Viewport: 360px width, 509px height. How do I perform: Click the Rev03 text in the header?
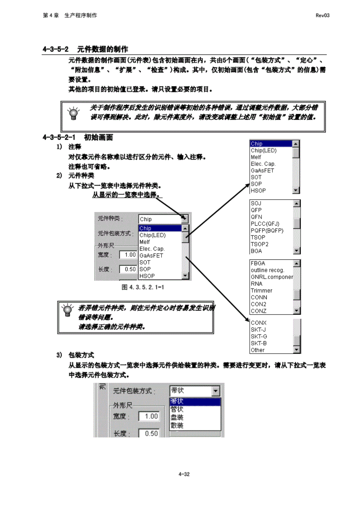click(322, 15)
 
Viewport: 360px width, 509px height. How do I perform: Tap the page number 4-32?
click(184, 474)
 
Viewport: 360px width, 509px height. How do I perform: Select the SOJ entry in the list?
click(256, 203)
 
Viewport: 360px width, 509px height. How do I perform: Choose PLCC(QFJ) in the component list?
click(265, 224)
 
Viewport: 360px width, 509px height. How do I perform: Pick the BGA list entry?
click(256, 251)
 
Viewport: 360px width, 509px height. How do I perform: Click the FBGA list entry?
click(258, 263)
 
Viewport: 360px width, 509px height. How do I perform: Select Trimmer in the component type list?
click(262, 291)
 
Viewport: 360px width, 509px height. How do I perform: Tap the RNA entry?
click(257, 284)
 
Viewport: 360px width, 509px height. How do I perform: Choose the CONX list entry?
click(259, 323)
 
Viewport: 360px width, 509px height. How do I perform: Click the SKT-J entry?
click(258, 330)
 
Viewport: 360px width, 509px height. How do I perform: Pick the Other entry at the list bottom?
click(258, 350)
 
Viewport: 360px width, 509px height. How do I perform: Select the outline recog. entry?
click(267, 270)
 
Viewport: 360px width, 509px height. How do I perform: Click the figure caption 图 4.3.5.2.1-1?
click(143, 287)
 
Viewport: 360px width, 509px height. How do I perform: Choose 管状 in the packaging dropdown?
click(177, 409)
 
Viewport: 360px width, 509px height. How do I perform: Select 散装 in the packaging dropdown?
click(177, 425)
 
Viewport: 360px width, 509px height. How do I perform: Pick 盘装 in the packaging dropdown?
click(177, 418)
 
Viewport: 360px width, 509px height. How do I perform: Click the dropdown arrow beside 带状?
click(215, 391)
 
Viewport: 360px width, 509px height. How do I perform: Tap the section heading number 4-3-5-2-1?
click(59, 137)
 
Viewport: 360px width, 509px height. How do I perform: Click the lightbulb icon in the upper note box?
click(73, 114)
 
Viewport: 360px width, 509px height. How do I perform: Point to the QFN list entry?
click(256, 217)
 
